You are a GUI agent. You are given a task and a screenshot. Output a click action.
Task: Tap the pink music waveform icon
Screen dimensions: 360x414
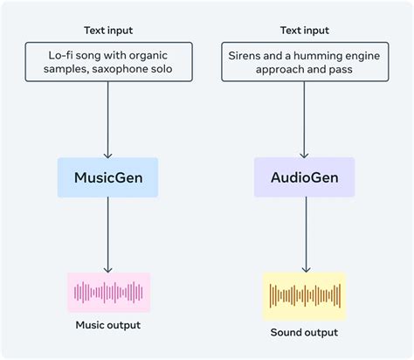coord(108,292)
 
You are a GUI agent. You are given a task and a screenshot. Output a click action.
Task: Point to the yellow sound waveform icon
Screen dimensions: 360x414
coord(304,295)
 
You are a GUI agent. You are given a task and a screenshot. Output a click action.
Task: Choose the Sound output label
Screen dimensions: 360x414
coord(304,332)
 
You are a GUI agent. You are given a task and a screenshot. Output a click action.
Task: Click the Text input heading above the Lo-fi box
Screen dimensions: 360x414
coord(108,31)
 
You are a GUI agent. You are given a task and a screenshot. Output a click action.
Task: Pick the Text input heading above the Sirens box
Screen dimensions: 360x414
coord(304,31)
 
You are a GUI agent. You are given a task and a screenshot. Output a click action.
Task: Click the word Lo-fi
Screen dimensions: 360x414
coord(61,55)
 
